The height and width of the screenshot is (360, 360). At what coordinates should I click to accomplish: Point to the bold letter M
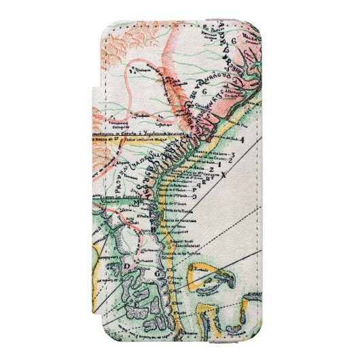tap(137, 202)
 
